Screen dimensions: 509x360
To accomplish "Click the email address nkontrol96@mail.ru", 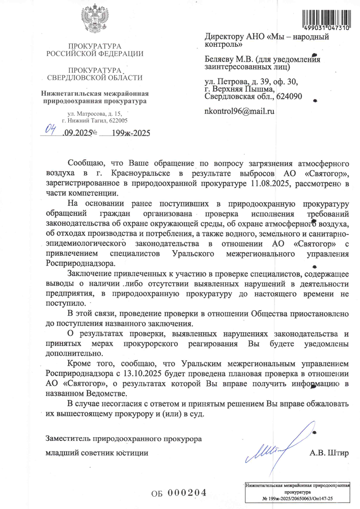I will pos(239,111).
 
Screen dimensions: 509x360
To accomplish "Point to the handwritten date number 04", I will pos(50,130).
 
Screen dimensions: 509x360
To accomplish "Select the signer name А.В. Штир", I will pos(329,453).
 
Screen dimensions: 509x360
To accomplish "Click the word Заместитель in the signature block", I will pos(71,439).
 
